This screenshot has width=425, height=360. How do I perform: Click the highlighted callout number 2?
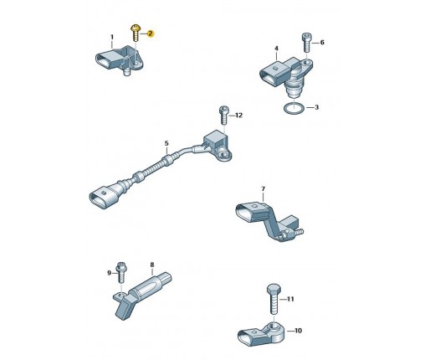pyautogui.click(x=151, y=33)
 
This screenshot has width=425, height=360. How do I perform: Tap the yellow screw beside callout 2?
pyautogui.click(x=136, y=33)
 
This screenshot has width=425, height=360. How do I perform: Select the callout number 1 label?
pyautogui.click(x=112, y=37)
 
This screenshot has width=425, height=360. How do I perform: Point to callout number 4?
pyautogui.click(x=276, y=49)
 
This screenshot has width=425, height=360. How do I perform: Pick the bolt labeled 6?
pyautogui.click(x=306, y=43)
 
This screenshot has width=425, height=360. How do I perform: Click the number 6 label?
pyautogui.click(x=322, y=43)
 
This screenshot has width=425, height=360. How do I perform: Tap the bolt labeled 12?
pyautogui.click(x=223, y=116)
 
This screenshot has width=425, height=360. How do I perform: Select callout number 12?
pyautogui.click(x=239, y=116)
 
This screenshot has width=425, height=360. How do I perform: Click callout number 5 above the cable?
pyautogui.click(x=166, y=143)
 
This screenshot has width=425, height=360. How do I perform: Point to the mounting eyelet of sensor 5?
pyautogui.click(x=224, y=155)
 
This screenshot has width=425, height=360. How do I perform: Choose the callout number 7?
pyautogui.click(x=263, y=189)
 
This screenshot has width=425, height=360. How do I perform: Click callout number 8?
pyautogui.click(x=152, y=265)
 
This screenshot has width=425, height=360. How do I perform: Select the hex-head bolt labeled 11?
pyautogui.click(x=274, y=299)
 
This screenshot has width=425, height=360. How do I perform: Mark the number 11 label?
pyautogui.click(x=290, y=299)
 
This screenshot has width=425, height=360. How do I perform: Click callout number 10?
pyautogui.click(x=298, y=331)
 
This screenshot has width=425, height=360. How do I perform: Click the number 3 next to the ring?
pyautogui.click(x=316, y=107)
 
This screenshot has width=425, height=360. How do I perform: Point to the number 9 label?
pyautogui.click(x=110, y=273)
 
